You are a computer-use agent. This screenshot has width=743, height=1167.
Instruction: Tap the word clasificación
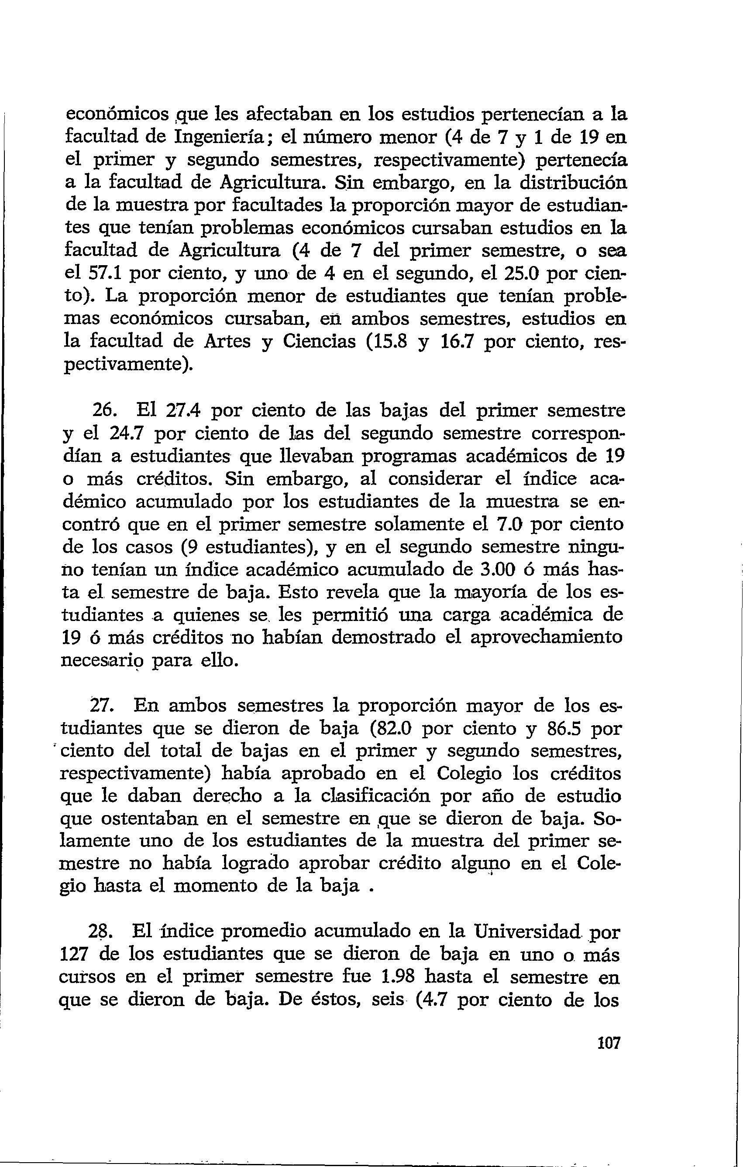(372, 796)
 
